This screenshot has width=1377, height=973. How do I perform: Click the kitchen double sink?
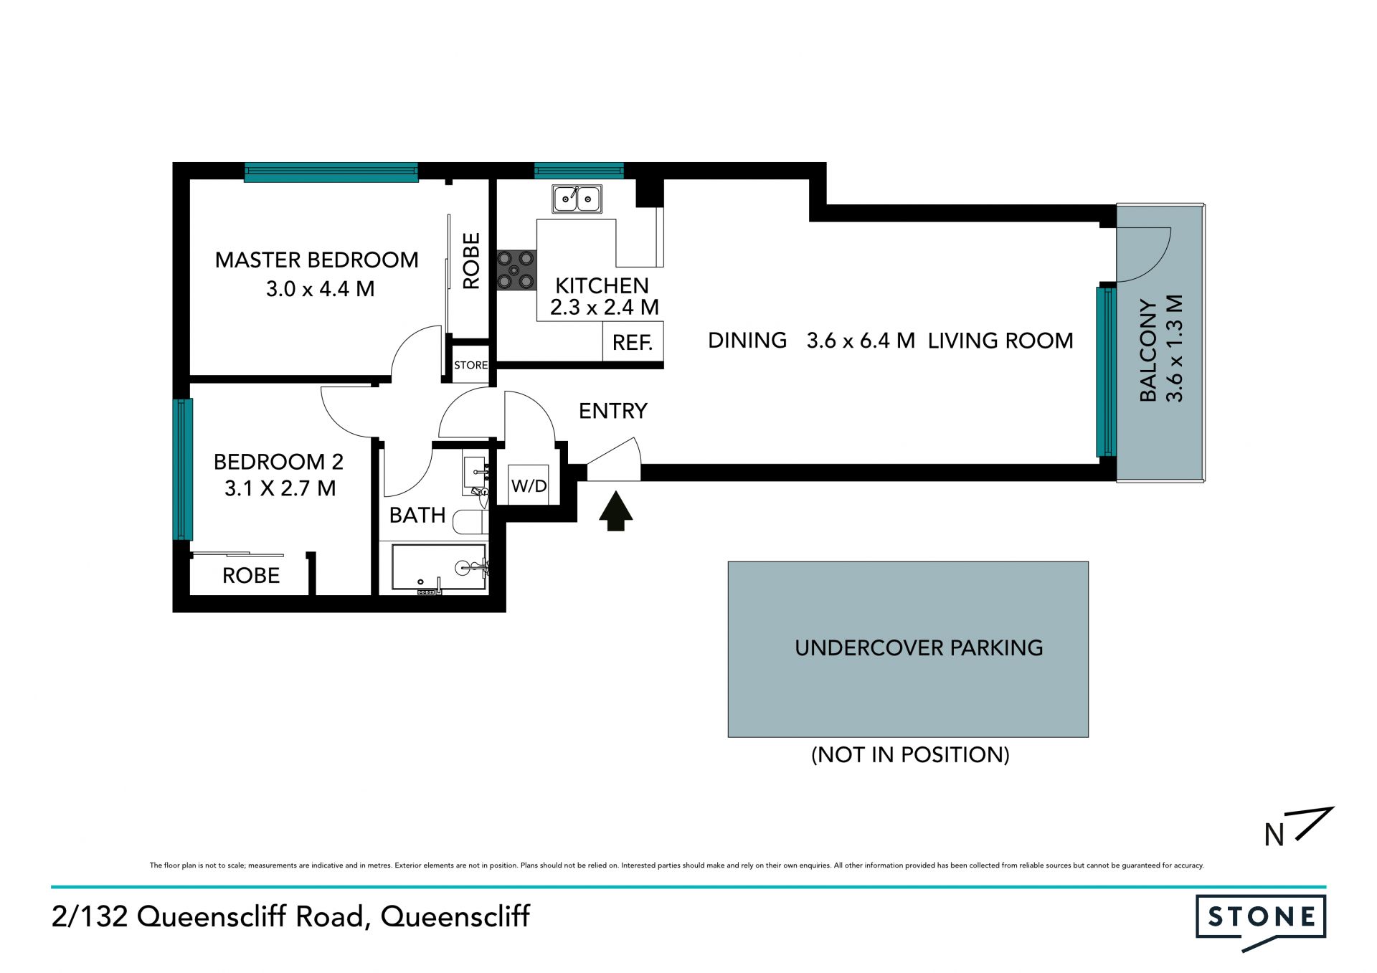coord(577,199)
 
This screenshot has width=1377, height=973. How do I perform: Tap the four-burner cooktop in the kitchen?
coord(516,270)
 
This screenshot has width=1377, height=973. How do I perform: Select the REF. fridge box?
coord(633,341)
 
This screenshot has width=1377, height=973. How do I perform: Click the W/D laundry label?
coord(529,486)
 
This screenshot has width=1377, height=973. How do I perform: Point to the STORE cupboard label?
coord(470,365)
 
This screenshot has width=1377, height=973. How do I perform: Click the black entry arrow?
coord(615,511)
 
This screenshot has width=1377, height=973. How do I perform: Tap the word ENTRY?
coord(613,411)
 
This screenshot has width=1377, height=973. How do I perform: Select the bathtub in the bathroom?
coord(439,568)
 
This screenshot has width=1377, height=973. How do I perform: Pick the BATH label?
coord(417,516)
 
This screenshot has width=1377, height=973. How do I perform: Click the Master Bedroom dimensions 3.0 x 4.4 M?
coord(320,289)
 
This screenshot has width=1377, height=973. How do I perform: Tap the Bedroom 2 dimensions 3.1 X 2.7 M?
coord(280,488)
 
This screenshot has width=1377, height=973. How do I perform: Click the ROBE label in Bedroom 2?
coord(251,576)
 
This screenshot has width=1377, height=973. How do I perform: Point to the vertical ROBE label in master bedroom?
coord(471,261)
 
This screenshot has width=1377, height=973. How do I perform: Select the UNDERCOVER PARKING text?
coord(919,648)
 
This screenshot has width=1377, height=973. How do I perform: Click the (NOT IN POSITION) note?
coord(910,755)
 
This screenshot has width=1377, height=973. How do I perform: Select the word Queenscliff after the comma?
coord(455,916)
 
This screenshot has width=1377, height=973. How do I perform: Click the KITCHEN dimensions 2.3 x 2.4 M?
coord(604,308)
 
